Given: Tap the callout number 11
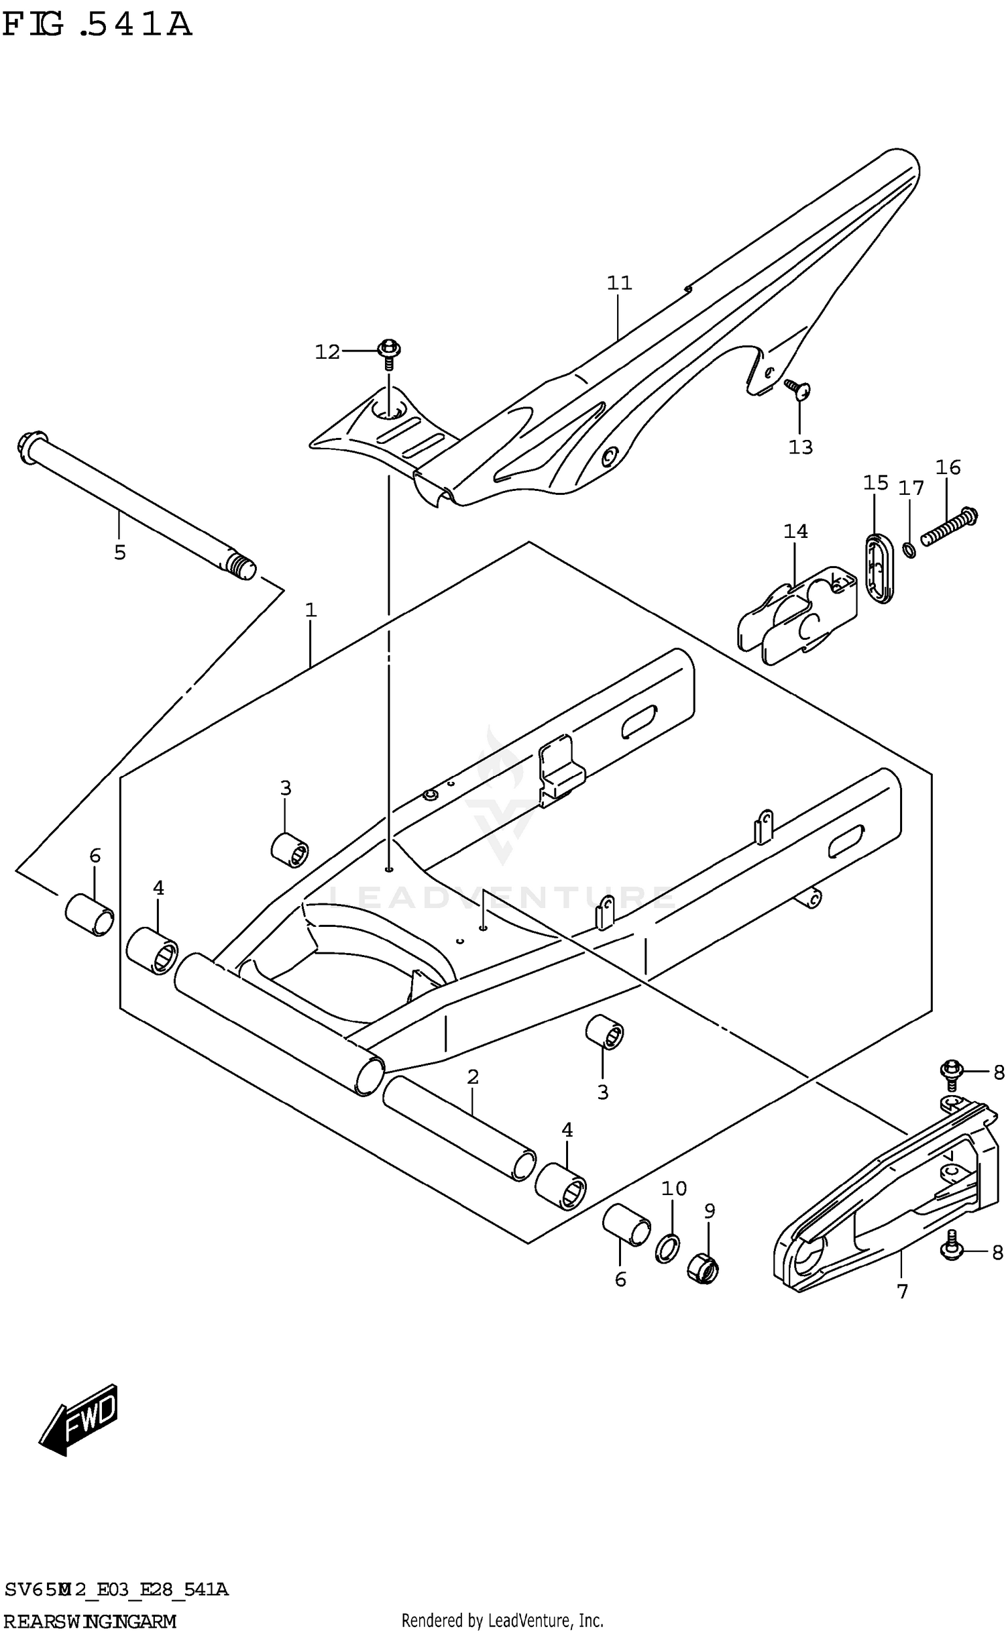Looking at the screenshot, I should pyautogui.click(x=619, y=283).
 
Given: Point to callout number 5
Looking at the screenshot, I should pyautogui.click(x=119, y=553).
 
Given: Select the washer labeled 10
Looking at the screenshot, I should pyautogui.click(x=667, y=1247).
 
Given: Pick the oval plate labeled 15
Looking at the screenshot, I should pyautogui.click(x=877, y=567).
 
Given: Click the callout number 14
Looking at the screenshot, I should pyautogui.click(x=795, y=532).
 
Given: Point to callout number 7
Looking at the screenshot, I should pyautogui.click(x=902, y=1290).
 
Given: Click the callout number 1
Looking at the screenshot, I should pyautogui.click(x=311, y=610).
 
